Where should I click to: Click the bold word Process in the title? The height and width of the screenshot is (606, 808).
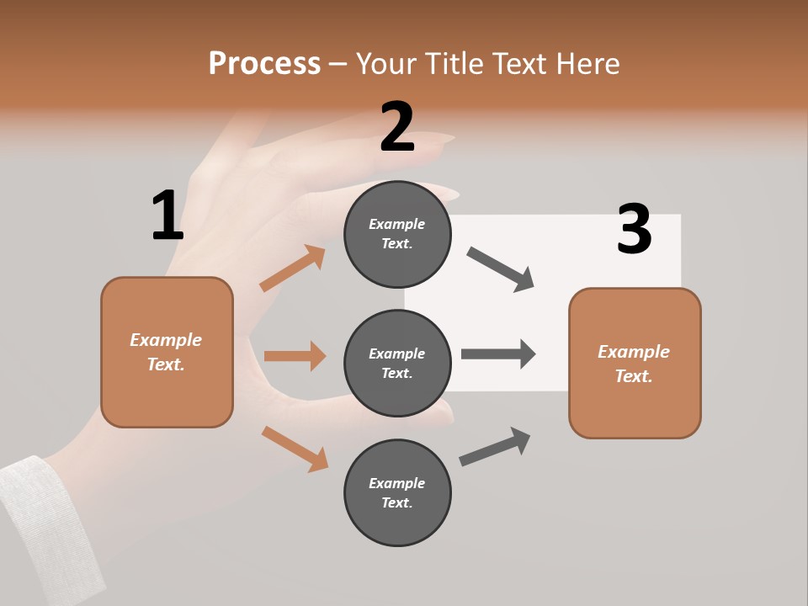pyautogui.click(x=264, y=63)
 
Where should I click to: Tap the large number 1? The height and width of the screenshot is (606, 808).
pyautogui.click(x=167, y=215)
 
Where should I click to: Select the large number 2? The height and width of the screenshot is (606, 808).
pyautogui.click(x=397, y=126)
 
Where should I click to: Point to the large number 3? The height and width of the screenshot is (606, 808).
pyautogui.click(x=634, y=229)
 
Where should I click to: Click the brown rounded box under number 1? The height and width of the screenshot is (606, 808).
pyautogui.click(x=167, y=352)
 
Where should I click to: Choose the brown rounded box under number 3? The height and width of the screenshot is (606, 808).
pyautogui.click(x=635, y=363)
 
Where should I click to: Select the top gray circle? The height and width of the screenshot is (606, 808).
pyautogui.click(x=397, y=234)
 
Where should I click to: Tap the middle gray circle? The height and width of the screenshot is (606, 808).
pyautogui.click(x=397, y=363)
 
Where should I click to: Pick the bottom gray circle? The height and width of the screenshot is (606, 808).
pyautogui.click(x=397, y=492)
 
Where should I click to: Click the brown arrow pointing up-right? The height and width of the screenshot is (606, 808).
pyautogui.click(x=293, y=268)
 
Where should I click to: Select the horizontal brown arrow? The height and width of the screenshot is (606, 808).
pyautogui.click(x=295, y=356)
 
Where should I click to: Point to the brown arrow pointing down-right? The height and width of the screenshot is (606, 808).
pyautogui.click(x=295, y=449)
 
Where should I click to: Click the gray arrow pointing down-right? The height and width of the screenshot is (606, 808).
pyautogui.click(x=501, y=269)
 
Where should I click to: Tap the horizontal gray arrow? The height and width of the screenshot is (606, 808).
pyautogui.click(x=498, y=353)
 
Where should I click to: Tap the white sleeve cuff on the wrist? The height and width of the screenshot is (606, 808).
pyautogui.click(x=38, y=522)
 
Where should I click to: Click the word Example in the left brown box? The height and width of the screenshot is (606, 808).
pyautogui.click(x=166, y=340)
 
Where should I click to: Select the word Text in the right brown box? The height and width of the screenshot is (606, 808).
pyautogui.click(x=633, y=376)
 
